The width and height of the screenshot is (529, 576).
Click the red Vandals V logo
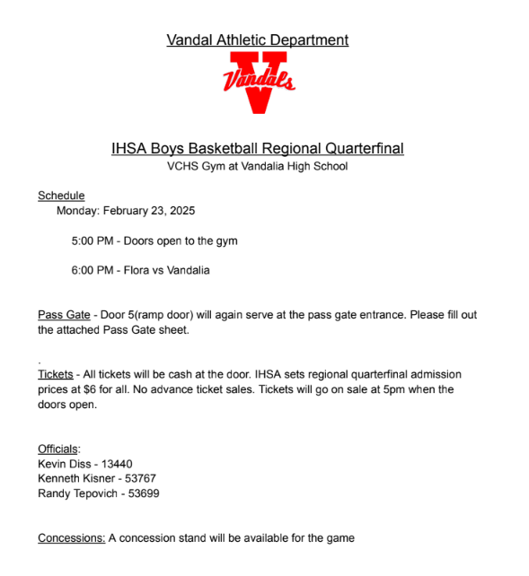point(259,82)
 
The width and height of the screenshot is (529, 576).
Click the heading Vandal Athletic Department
point(258,40)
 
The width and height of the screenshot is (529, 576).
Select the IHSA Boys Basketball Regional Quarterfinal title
point(258,148)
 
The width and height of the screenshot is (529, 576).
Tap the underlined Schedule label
point(61,196)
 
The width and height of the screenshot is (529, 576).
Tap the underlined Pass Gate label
point(64,315)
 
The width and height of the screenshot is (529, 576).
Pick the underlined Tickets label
point(55,373)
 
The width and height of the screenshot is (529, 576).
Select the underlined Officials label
point(58,449)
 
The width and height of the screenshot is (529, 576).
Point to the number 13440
point(116,464)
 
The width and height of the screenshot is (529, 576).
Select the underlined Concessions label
point(71,538)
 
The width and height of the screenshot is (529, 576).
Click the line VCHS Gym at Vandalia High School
point(258,166)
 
